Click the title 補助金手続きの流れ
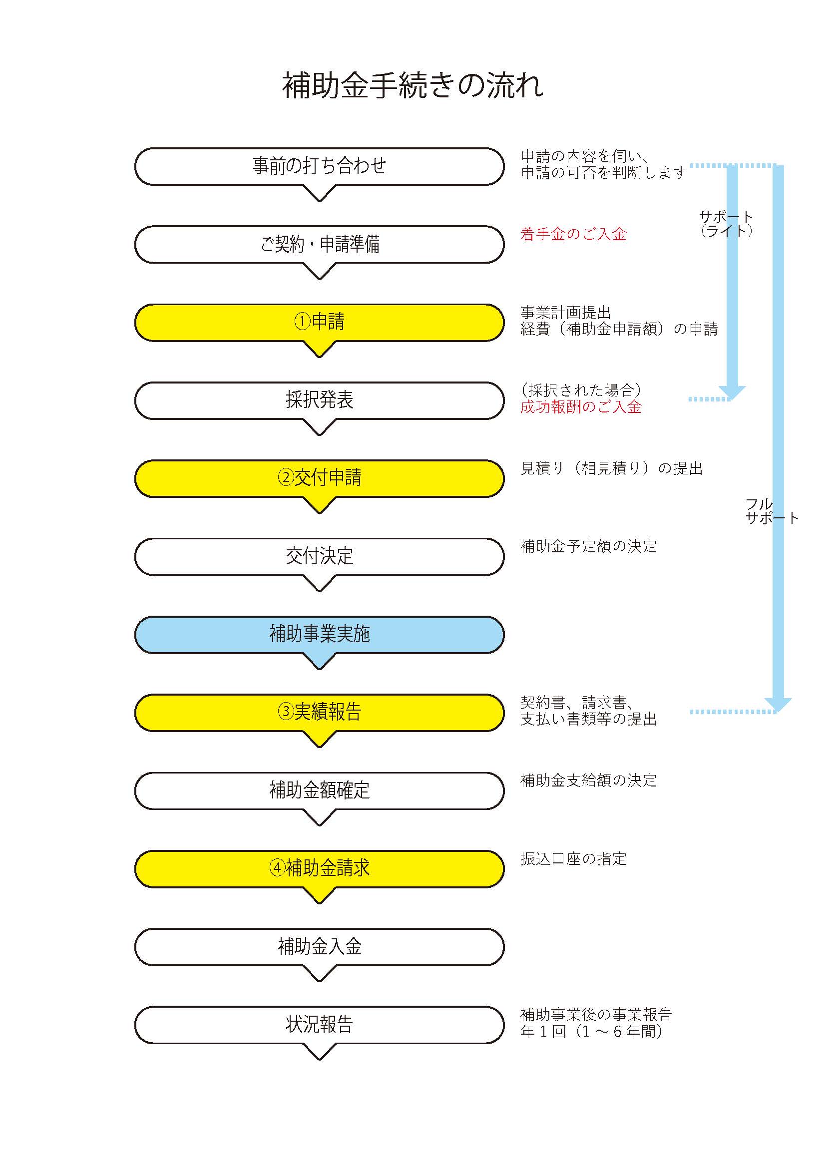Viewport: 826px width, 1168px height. pos(413,85)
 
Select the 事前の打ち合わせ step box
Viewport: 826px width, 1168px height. pos(320,167)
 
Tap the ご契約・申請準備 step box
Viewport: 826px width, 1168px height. pos(320,245)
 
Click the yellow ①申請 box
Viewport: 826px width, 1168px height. pos(320,323)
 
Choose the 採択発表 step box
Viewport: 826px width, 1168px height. pos(320,401)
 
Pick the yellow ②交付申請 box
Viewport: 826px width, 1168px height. pos(320,479)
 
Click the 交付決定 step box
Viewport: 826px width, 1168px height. pos(320,557)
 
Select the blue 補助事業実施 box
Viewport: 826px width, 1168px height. pos(320,635)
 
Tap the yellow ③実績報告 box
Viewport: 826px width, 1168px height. pos(320,713)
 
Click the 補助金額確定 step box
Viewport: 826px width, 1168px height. pos(320,791)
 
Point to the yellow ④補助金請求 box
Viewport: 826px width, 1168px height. pos(320,869)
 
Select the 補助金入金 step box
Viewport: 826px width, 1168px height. pos(320,947)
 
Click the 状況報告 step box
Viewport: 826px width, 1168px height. pos(320,1025)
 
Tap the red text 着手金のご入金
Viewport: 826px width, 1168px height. pos(573,234)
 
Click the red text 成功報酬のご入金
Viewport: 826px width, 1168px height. pos(581,407)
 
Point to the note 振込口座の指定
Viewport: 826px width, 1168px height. pos(573,859)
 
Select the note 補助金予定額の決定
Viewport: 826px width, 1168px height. pos(588,546)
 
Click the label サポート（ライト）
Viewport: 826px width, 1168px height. pos(726,224)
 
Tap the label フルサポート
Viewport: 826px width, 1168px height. pos(772,511)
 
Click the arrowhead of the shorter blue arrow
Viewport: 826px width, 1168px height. pos(732,393)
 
